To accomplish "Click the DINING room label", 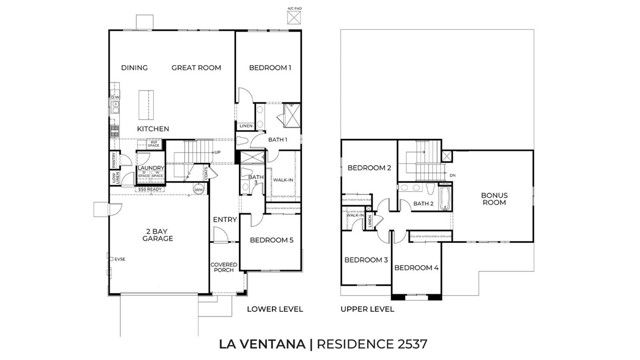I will tap(135, 68).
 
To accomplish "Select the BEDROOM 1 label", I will tap(270, 68).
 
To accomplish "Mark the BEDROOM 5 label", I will tap(271, 240).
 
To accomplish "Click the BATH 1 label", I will tap(278, 140).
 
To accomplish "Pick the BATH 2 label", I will tap(423, 204).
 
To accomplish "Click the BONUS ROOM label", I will tap(494, 198).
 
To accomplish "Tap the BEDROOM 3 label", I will tap(365, 260).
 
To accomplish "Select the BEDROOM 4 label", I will tap(415, 267).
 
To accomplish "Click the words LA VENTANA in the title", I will tap(263, 343).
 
